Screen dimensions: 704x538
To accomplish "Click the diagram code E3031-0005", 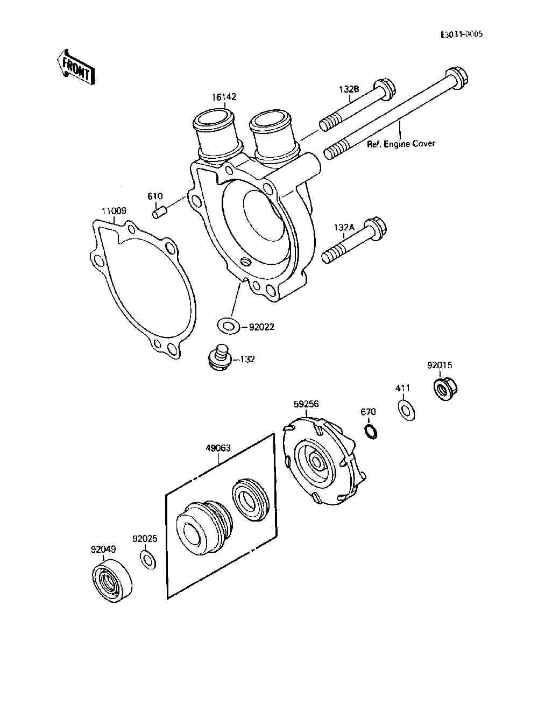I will (462, 34).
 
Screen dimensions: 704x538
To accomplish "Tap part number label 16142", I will (224, 97).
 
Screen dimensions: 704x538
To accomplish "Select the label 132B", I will (349, 89).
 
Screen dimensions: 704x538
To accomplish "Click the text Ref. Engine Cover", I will (401, 144).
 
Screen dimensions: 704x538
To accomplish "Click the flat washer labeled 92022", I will (228, 325).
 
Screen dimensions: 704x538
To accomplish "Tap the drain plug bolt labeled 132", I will (219, 358).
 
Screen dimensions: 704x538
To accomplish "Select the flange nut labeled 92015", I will (445, 387).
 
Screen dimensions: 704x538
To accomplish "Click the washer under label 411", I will (407, 410).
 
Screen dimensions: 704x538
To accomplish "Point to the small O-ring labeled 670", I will (370, 432).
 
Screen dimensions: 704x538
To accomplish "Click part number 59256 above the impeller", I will (306, 403).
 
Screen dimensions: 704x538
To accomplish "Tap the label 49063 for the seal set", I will (218, 448).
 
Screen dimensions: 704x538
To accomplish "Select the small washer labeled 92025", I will (147, 559).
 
